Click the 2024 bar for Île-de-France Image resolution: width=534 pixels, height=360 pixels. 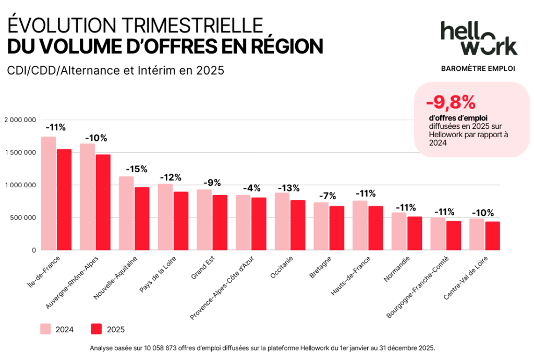[x=48, y=194]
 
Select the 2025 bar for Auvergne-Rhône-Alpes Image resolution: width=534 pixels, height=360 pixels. [x=103, y=202]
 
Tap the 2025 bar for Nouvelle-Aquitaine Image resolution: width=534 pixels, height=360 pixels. [x=142, y=219]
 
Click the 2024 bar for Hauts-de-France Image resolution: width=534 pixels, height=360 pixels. [x=360, y=225]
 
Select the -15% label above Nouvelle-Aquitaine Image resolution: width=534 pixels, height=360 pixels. [x=137, y=169]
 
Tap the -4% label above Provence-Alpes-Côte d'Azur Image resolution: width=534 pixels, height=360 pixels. [x=251, y=188]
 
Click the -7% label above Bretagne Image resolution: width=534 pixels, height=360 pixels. [x=329, y=196]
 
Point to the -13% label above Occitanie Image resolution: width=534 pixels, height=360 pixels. [x=289, y=187]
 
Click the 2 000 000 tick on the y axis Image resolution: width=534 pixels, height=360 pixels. [x=20, y=120]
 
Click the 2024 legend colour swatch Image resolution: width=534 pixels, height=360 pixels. [x=45, y=329]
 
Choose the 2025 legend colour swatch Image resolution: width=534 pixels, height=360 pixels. [x=96, y=329]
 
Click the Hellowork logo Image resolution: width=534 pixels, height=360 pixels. [x=478, y=38]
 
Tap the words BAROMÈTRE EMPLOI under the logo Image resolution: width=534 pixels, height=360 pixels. [x=478, y=68]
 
